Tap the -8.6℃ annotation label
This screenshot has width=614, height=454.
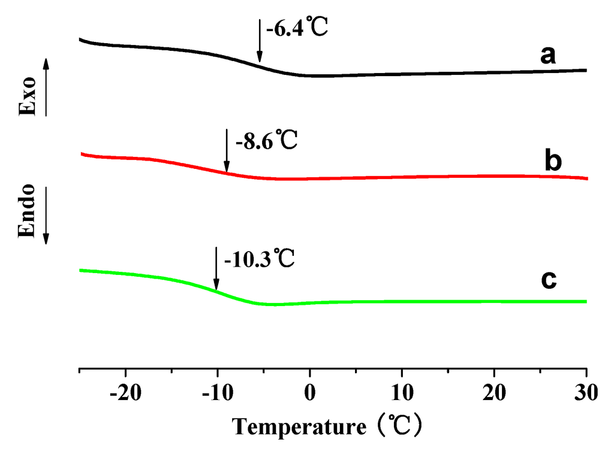pos(266,143)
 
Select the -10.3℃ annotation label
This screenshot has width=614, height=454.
pos(258,261)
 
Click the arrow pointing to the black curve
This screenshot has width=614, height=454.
pos(260,40)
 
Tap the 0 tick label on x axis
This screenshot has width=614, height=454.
pos(309,395)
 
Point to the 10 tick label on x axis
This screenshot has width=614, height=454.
pos(402,395)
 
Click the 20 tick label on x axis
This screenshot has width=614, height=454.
pos(494,395)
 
